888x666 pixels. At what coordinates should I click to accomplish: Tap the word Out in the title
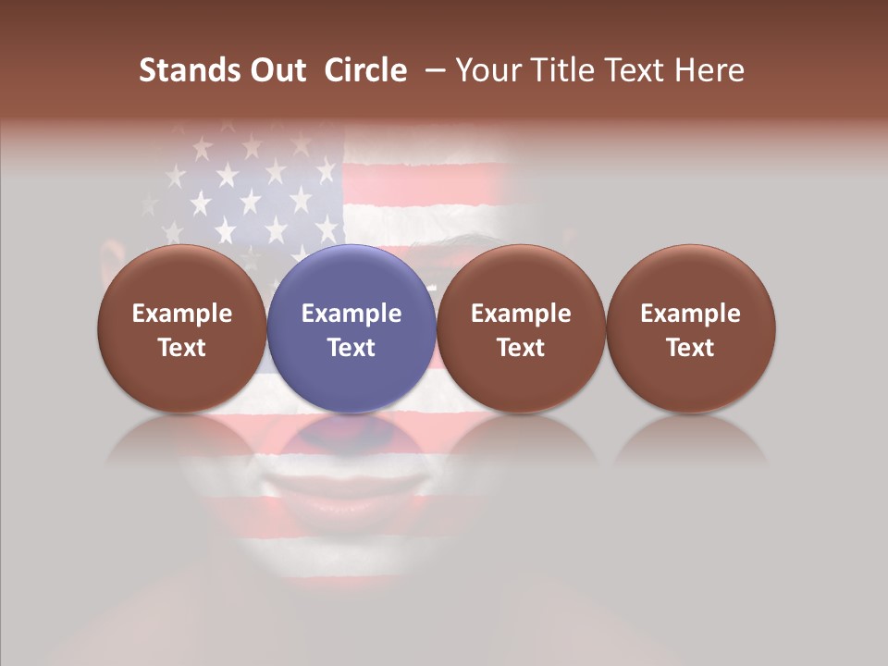click(x=277, y=70)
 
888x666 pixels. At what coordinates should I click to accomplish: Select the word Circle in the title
click(x=365, y=70)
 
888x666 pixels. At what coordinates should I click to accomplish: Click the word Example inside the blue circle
click(x=351, y=314)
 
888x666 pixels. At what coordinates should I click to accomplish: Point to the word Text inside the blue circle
click(x=351, y=348)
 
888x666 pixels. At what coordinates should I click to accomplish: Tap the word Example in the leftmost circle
click(x=181, y=314)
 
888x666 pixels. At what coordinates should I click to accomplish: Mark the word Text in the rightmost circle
click(x=691, y=348)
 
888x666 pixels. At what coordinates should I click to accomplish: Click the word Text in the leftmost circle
click(x=181, y=348)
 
